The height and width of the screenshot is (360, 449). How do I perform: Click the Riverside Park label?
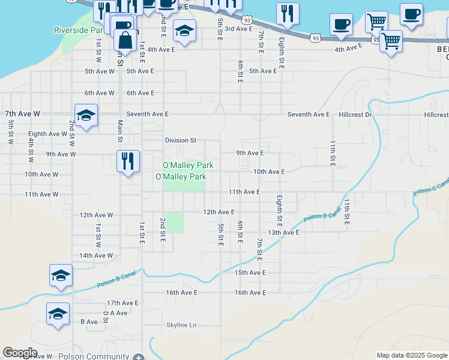78,30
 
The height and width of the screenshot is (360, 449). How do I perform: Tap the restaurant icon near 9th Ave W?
128,161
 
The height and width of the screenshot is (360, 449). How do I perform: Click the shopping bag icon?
125,40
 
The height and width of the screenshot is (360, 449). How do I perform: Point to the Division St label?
181,140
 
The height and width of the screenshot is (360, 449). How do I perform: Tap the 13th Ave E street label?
283,232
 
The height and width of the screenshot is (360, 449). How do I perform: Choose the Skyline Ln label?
181,325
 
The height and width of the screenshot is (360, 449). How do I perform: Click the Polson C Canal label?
430,186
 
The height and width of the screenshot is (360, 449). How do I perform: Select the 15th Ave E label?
250,272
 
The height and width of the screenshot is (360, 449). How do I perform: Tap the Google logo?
20,353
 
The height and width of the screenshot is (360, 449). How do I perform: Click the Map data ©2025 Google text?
411,355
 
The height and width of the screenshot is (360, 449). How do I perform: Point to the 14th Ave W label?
96,256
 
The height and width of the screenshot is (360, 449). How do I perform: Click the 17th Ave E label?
122,303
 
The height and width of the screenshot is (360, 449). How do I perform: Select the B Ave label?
89,322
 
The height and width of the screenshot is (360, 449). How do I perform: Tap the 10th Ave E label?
268,172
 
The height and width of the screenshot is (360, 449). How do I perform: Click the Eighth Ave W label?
47,134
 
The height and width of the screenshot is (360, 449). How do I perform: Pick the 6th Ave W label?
100,93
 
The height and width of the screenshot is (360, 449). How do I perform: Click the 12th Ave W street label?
96,215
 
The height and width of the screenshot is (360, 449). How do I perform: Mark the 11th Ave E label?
244,192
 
